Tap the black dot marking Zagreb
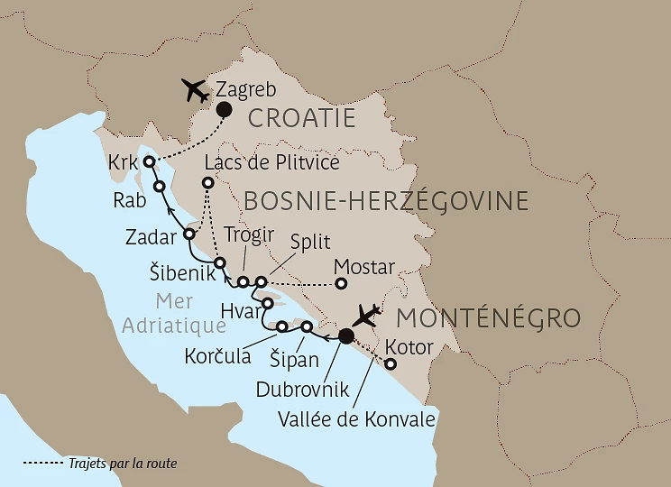click(222, 110)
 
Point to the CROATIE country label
click(300, 118)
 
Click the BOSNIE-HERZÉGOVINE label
click(385, 199)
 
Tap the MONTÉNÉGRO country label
click(487, 318)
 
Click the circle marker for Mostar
click(341, 283)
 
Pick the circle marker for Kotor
click(391, 364)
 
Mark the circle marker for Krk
click(149, 162)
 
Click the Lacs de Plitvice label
click(271, 162)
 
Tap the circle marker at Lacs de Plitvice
click(208, 182)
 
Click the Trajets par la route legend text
click(123, 464)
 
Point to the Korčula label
click(216, 356)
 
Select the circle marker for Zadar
click(189, 234)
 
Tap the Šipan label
click(294, 360)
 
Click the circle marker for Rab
click(159, 187)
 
